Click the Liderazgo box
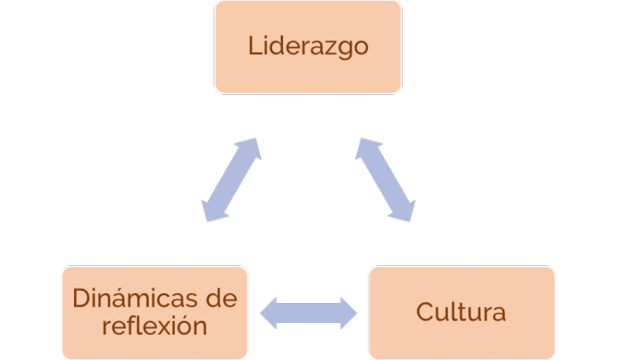coord(308,47)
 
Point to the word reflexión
coord(154,325)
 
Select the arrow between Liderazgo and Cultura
coord(385,180)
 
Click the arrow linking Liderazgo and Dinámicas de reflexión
coord(231,180)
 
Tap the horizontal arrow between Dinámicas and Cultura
coord(308,312)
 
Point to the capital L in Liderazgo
coord(254,45)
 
